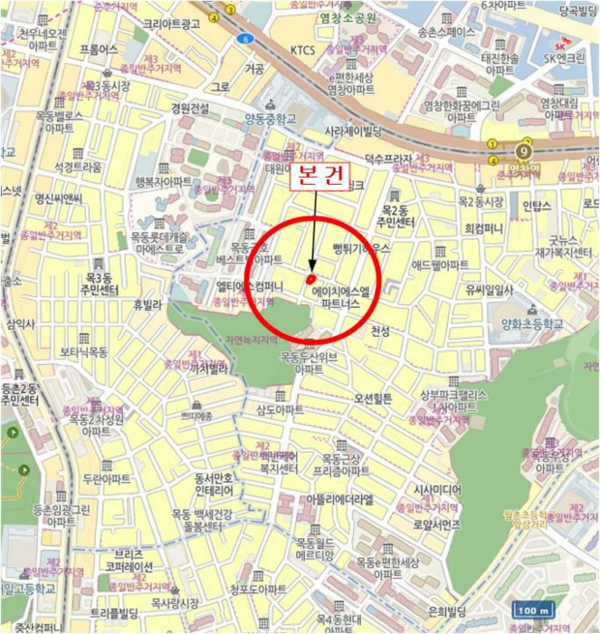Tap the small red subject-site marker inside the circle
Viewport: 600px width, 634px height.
click(310, 279)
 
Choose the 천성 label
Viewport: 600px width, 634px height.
click(380, 332)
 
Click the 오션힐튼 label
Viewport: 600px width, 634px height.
click(373, 399)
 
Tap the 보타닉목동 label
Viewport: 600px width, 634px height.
click(84, 351)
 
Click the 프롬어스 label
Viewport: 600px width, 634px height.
click(99, 49)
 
